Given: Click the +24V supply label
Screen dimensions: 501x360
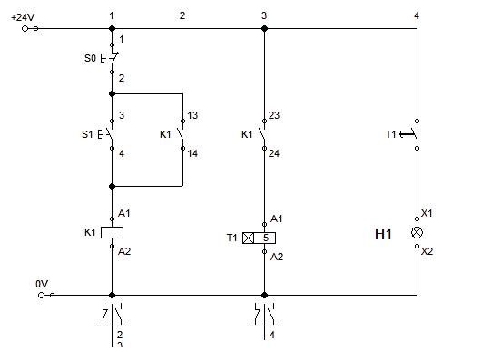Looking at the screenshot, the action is pyautogui.click(x=23, y=17).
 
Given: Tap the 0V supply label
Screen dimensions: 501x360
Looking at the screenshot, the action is pyautogui.click(x=42, y=284).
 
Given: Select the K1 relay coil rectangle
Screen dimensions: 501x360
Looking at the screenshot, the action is pyautogui.click(x=112, y=233).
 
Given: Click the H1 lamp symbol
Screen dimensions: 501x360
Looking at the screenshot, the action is pyautogui.click(x=417, y=233).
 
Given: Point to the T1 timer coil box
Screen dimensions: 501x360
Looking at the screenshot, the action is pyautogui.click(x=260, y=238).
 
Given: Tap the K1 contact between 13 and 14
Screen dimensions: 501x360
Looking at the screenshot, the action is pyautogui.click(x=182, y=134).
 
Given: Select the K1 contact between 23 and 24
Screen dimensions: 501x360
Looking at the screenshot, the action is pyautogui.click(x=262, y=134).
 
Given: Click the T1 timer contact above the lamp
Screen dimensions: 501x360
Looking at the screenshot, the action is pyautogui.click(x=409, y=134).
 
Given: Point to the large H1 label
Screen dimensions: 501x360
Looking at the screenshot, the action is pyautogui.click(x=383, y=234).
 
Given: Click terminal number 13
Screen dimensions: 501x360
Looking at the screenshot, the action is pyautogui.click(x=192, y=115).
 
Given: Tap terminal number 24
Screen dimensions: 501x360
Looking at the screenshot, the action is pyautogui.click(x=274, y=153).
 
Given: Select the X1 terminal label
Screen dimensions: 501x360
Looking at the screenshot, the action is pyautogui.click(x=427, y=213).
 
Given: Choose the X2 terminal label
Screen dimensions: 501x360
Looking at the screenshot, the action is pyautogui.click(x=427, y=251).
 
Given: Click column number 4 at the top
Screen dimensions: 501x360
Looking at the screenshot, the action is pyautogui.click(x=417, y=15).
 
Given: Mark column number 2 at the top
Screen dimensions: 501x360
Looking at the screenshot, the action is pyautogui.click(x=182, y=15).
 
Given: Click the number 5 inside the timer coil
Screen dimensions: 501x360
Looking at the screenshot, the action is pyautogui.click(x=266, y=238).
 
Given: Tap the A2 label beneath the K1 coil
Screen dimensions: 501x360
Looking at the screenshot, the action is pyautogui.click(x=124, y=251).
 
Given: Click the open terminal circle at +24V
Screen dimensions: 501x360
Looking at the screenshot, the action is pyautogui.click(x=25, y=29).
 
